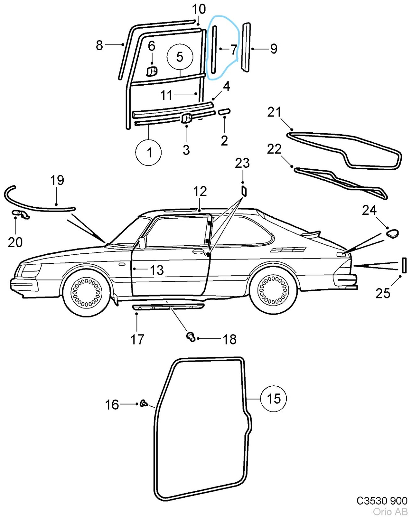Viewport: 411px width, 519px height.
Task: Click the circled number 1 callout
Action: point(149,152)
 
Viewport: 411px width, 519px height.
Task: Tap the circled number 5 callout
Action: point(180,57)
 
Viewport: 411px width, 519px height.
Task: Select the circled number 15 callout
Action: point(273,399)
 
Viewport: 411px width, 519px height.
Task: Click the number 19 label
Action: point(57,180)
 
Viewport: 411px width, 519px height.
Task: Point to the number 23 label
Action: point(242,163)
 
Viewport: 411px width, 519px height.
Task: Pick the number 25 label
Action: point(382,293)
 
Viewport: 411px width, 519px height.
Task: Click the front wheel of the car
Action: point(86,291)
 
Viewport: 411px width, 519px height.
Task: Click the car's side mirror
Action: point(142,243)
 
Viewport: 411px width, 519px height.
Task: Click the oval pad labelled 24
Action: point(392,233)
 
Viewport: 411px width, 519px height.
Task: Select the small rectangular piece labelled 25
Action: point(404,265)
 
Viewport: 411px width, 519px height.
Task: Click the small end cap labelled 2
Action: point(224,112)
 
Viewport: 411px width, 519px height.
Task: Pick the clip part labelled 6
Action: point(152,71)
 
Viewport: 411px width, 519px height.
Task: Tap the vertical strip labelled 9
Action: point(246,47)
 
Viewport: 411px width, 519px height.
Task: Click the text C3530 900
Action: point(382,501)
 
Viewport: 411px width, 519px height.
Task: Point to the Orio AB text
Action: point(390,512)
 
